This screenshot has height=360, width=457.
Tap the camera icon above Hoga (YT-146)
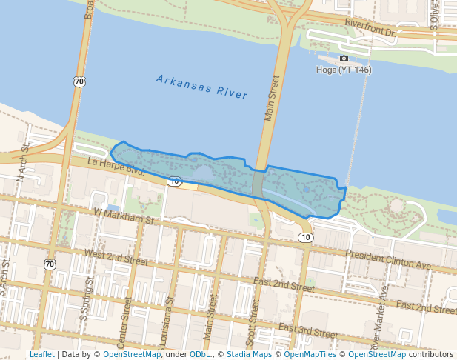[x=344, y=58]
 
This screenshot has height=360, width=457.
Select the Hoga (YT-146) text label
[x=344, y=70]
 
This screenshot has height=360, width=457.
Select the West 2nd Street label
[x=117, y=257]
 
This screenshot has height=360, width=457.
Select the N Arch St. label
[x=23, y=164]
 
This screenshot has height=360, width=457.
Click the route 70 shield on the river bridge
[x=79, y=81]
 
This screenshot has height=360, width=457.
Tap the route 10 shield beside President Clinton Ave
[x=306, y=237]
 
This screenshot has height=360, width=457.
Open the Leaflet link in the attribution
[x=41, y=354]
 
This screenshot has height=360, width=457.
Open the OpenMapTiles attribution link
[x=307, y=354]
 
